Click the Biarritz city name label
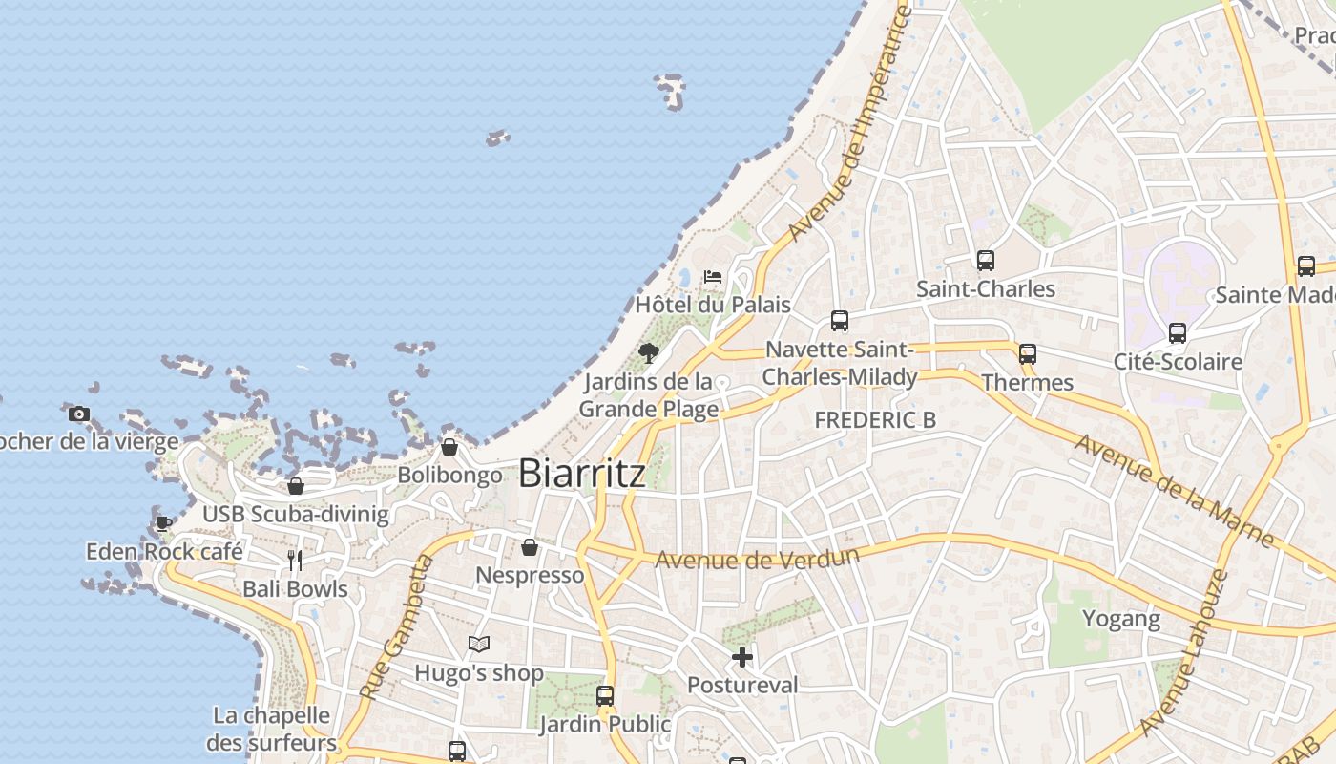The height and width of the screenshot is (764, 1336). [x=582, y=474]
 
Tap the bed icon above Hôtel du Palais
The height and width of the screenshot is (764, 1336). [x=713, y=277]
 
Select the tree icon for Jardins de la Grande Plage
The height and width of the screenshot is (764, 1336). [x=649, y=353]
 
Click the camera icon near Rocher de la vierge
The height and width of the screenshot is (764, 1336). [x=79, y=414]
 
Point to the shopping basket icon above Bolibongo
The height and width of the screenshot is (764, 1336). [x=449, y=447]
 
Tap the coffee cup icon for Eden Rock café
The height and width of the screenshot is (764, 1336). [x=164, y=523]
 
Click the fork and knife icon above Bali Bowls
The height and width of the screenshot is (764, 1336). [x=295, y=561]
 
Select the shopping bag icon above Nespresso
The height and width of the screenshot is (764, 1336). [x=530, y=547]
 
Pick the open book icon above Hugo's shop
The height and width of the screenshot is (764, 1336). [x=479, y=645]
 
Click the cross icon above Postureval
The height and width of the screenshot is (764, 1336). [x=742, y=657]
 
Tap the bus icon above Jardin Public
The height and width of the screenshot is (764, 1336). [x=605, y=695]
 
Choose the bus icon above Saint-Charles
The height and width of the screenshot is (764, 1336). [x=986, y=260]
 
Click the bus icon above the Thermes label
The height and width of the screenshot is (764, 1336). [x=1028, y=353]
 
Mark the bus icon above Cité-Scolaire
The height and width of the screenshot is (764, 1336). [x=1178, y=333]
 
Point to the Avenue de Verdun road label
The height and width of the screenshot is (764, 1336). [x=758, y=558]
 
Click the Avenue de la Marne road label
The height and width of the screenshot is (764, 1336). [x=1174, y=491]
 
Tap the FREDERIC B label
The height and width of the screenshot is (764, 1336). [x=875, y=419]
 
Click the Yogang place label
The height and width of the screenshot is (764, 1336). [x=1121, y=619]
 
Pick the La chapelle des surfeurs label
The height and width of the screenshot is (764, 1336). [x=272, y=729]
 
